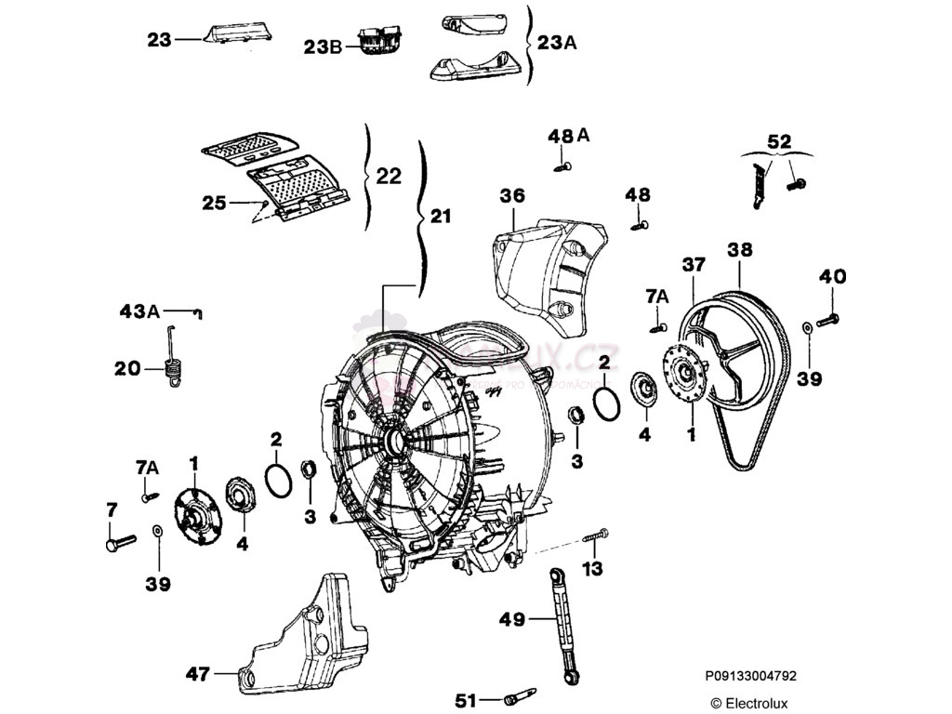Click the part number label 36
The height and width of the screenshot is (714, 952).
point(512,196)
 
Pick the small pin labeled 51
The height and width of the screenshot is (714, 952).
point(521,696)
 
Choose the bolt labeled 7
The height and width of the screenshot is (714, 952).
point(120,540)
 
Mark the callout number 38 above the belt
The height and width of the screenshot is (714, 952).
point(740,250)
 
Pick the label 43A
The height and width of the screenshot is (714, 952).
point(139,311)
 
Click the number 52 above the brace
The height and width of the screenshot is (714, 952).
point(779,141)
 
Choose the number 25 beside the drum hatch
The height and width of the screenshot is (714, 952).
point(214,202)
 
